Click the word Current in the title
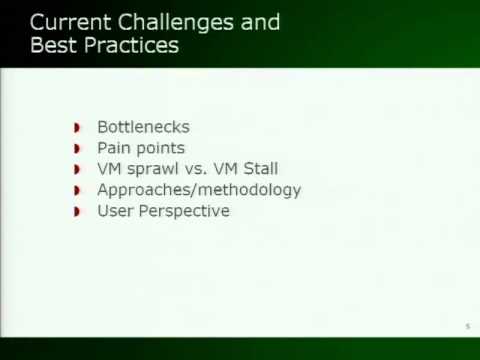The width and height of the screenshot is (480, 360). [69, 22]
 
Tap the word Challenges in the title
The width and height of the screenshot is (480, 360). [177, 22]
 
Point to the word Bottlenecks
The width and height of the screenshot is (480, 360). [143, 127]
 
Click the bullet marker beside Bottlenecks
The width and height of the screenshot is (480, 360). [78, 128]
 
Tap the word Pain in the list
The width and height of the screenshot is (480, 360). [114, 148]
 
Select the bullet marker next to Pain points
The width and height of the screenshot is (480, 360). [78, 149]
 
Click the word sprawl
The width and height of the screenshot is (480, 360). [150, 169]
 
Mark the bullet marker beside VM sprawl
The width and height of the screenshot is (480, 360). [78, 170]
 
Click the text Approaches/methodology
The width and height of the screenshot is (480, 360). [198, 190]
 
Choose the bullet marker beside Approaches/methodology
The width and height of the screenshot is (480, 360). [78, 191]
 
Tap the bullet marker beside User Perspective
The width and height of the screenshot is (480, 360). [78, 212]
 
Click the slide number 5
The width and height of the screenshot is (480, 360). [467, 327]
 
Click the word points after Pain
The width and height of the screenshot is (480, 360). [161, 148]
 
